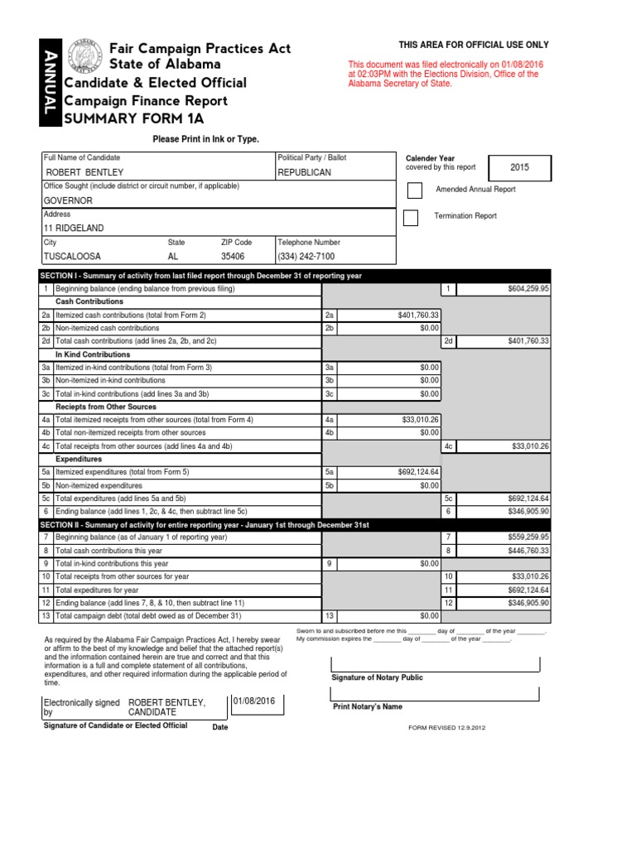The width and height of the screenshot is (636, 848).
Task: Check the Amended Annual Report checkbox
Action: point(415,190)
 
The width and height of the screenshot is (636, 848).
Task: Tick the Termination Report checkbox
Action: point(411,217)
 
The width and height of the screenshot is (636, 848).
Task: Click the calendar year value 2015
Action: point(519,167)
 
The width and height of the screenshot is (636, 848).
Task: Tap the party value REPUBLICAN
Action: point(305,172)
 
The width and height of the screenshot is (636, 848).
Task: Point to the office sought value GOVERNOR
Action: point(68,200)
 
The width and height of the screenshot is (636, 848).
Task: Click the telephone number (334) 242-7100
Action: point(309,257)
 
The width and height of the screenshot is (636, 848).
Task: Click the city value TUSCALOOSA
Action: point(72,257)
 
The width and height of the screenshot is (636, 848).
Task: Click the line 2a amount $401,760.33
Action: point(418,315)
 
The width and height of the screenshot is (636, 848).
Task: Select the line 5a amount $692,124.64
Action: point(418,472)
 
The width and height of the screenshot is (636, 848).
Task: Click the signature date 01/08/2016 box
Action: point(257,704)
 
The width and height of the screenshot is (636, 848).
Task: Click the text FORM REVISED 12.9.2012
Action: point(446,728)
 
